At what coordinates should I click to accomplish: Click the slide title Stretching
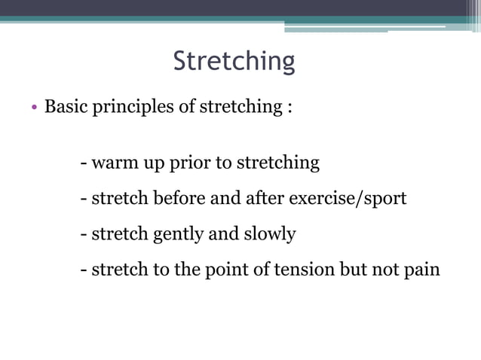coord(234,61)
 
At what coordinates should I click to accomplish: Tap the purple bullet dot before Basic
coord(34,108)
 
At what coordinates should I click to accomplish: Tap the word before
coord(179,199)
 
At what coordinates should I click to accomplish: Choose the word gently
coord(179,235)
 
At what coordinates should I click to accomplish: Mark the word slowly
coord(269,234)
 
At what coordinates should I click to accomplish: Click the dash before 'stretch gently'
coord(84,235)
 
